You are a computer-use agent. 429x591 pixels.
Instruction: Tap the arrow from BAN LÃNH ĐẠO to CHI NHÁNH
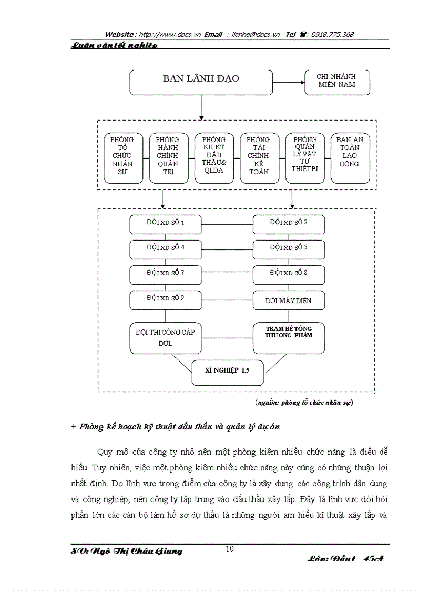pos(289,83)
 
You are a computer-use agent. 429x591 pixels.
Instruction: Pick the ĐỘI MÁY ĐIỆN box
pos(289,300)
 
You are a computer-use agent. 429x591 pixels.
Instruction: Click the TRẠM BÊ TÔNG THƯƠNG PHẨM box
pos(289,338)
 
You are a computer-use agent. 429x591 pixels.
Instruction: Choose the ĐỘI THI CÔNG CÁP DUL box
pos(166,338)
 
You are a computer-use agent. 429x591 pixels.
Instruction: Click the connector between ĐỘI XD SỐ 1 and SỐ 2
pos(227,224)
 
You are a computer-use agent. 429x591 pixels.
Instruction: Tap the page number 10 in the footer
pos(230,549)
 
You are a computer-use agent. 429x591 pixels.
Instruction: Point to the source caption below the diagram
pos(304,403)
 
